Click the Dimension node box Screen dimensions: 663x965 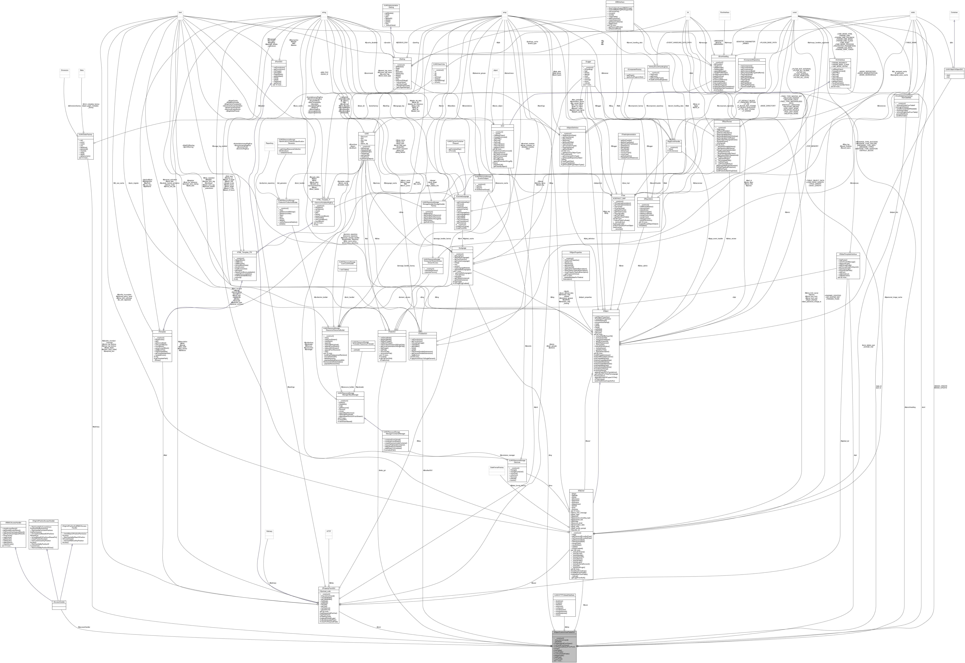(65, 71)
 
